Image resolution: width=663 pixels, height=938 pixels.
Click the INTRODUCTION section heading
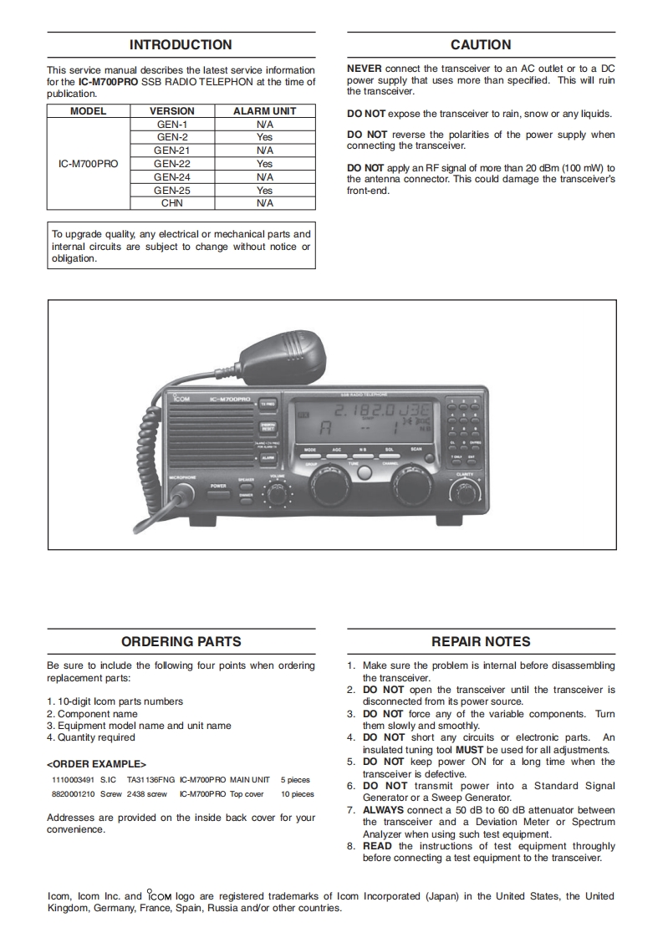click(181, 45)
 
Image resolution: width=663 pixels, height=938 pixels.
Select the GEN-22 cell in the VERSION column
click(172, 164)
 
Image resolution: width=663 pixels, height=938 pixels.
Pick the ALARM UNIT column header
click(264, 110)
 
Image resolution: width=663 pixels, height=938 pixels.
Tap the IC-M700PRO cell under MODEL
click(89, 164)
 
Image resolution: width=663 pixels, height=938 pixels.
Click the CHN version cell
click(172, 203)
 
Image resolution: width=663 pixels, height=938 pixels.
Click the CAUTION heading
click(481, 45)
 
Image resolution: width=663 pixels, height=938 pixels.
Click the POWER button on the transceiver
click(219, 492)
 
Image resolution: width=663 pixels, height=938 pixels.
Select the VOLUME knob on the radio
click(277, 492)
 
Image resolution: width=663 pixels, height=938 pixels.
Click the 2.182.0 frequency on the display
click(363, 412)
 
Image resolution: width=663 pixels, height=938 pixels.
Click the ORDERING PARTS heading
click(181, 642)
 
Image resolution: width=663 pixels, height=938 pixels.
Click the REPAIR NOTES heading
click(481, 642)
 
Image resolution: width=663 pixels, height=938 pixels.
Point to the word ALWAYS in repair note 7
click(383, 810)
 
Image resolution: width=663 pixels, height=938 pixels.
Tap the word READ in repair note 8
click(377, 846)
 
